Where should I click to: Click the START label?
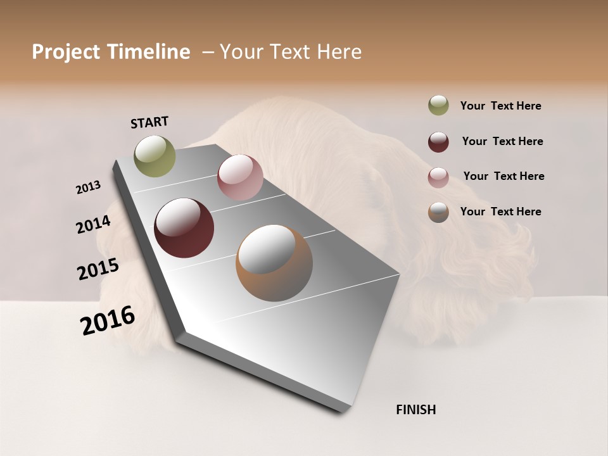coord(149,122)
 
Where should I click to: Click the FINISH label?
coord(415,410)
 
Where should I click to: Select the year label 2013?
coord(88,187)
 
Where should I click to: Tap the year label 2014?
coord(93,225)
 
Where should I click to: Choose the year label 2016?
coord(108,320)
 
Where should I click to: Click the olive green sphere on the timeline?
coord(155,156)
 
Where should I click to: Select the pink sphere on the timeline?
coord(240,177)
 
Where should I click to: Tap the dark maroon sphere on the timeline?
coord(184,228)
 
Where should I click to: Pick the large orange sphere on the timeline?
coord(274,263)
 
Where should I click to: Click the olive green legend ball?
coord(438,106)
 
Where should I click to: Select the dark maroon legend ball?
coord(438,142)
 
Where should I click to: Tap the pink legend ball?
coord(438,177)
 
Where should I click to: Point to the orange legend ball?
coord(438,212)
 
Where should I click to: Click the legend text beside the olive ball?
coord(500,106)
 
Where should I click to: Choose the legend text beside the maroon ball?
coord(502,141)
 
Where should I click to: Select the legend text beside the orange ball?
coord(500,212)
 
